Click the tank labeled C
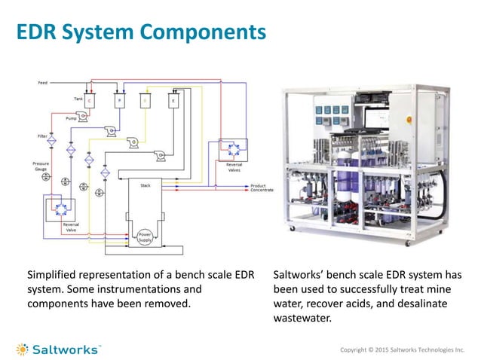coord(90,100)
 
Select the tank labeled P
coord(118,100)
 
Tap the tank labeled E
coord(173,100)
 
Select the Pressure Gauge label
coord(41,166)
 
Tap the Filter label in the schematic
coord(41,136)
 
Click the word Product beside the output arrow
coord(259,185)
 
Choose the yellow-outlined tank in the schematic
coord(146,100)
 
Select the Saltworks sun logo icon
coord(24,349)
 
